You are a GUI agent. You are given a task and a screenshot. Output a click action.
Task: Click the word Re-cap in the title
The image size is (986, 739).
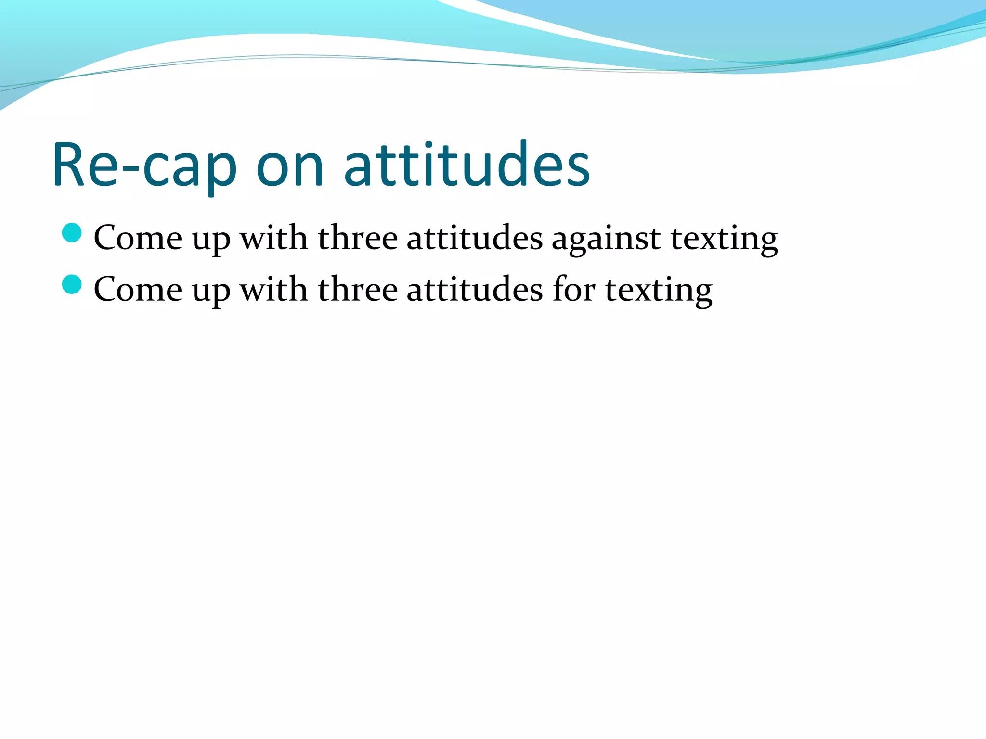point(144,166)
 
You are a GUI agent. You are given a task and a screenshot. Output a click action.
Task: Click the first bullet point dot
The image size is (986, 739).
point(72,233)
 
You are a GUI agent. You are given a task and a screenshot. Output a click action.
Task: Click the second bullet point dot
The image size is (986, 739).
point(72,284)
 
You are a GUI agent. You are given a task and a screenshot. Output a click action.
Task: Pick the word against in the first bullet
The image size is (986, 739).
point(606,239)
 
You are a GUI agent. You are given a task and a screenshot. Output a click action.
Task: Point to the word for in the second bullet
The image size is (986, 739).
point(574,290)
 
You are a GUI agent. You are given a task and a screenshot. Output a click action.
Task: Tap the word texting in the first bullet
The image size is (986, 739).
point(724,240)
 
